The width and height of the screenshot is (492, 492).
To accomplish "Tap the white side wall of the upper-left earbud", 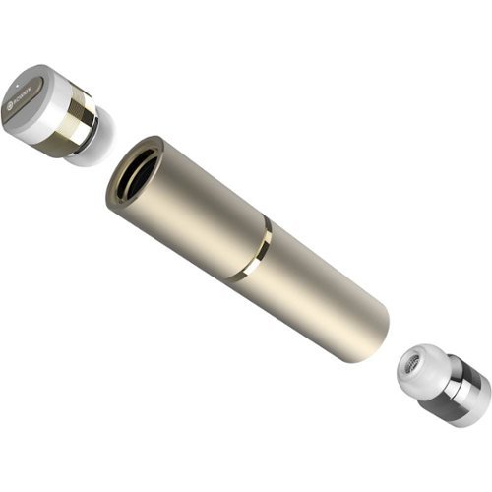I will (54, 128).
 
